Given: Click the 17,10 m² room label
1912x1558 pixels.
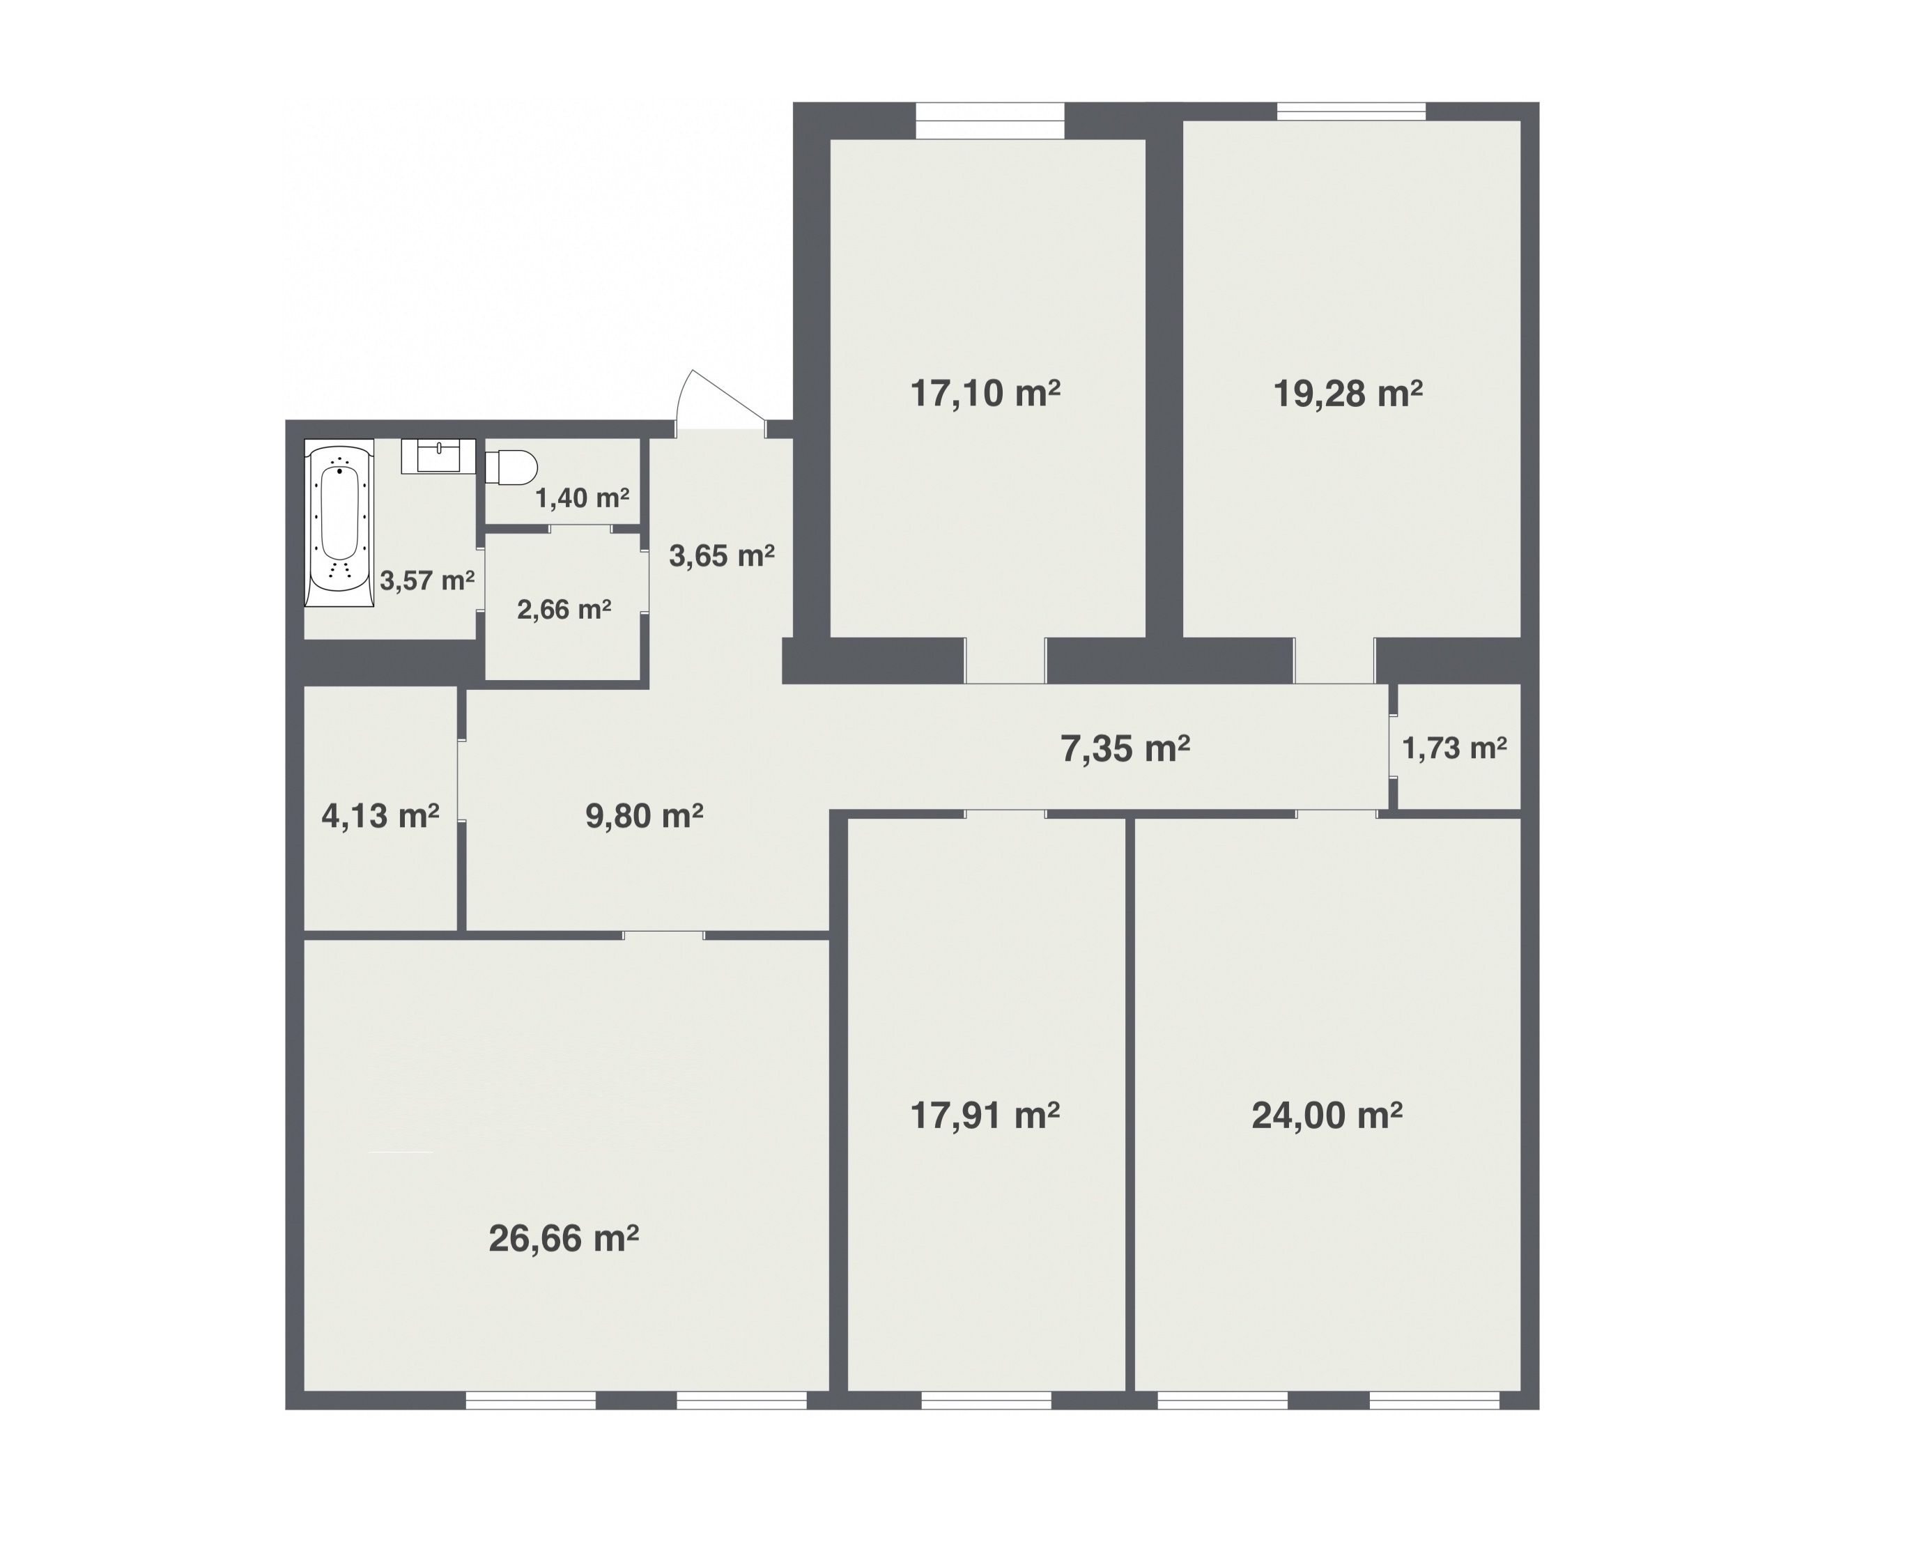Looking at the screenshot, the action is point(985,394).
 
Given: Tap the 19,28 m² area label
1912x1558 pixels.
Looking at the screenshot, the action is point(1348,394).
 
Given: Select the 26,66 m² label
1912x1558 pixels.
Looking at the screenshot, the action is point(564,1238).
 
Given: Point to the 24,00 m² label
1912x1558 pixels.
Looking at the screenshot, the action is point(1327,1116).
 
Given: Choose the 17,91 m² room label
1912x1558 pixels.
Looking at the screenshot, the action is point(985,1116).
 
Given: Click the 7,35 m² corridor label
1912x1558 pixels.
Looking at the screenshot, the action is point(1125,748).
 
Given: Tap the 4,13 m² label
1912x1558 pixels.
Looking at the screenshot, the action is point(380,816).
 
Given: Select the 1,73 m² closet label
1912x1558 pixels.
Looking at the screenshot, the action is point(1454,748).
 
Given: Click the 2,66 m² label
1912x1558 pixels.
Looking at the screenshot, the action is point(564,610).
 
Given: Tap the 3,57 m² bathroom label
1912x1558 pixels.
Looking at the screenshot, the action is point(426,580).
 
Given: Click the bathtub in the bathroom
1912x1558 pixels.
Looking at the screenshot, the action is point(339,523).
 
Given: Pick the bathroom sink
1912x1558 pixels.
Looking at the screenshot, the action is point(438,456).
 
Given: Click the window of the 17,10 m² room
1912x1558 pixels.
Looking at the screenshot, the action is point(989,121).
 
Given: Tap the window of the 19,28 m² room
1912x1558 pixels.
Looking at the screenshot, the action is point(1351,111).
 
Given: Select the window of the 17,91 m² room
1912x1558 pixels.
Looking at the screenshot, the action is point(986,1400).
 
